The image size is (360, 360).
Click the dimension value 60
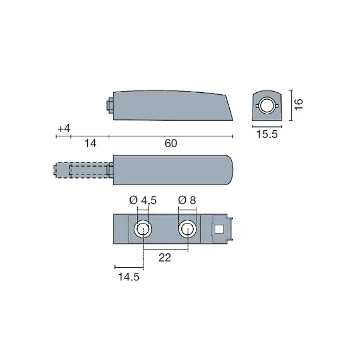point(171,143)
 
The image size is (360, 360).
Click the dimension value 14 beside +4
point(90,143)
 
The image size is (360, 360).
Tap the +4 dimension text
point(63,129)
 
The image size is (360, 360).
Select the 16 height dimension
point(299,104)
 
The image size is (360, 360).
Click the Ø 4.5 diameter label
point(142,200)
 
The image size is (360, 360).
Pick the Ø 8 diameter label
point(188,200)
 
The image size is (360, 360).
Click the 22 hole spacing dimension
point(165,258)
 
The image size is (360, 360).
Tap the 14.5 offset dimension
point(127,277)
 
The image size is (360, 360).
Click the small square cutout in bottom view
point(220,229)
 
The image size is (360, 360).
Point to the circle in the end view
point(268,106)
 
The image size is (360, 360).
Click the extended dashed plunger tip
point(63,170)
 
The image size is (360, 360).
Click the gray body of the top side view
point(171,104)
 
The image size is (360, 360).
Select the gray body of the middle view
point(171,169)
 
